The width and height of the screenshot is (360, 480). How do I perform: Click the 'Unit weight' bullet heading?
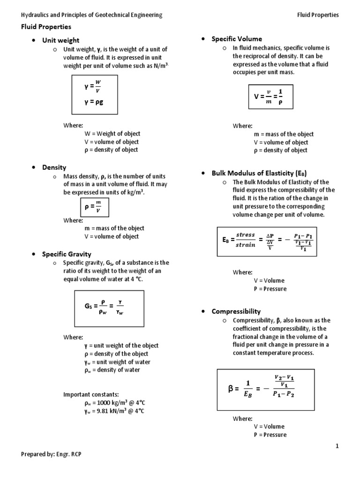pyautogui.click(x=61, y=40)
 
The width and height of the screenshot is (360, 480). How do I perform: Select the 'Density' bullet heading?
pyautogui.click(x=54, y=167)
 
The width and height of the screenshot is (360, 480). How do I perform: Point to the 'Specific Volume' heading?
pyautogui.click(x=237, y=39)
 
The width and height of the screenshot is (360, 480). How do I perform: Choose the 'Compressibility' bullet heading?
pyautogui.click(x=236, y=311)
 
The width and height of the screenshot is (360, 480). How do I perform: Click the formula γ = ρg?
pyautogui.click(x=94, y=100)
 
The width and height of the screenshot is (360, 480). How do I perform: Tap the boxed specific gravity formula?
pyautogui.click(x=109, y=307)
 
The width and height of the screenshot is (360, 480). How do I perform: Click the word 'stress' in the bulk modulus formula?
pyautogui.click(x=245, y=235)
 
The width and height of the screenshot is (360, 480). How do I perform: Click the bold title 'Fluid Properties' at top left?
pyautogui.click(x=46, y=27)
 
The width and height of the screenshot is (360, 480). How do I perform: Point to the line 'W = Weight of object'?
pyautogui.click(x=112, y=134)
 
